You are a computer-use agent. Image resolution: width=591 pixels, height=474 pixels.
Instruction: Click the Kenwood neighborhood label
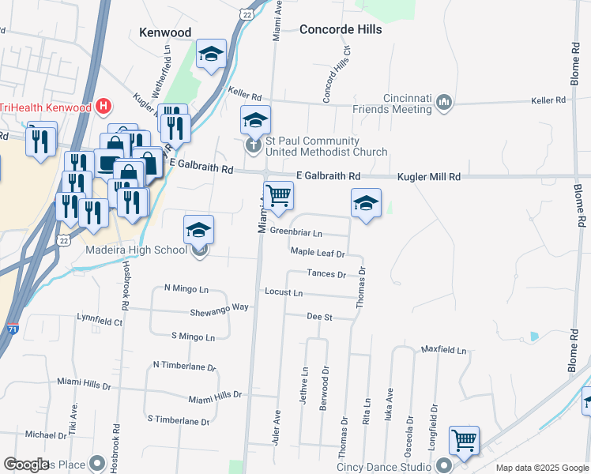pyautogui.click(x=164, y=32)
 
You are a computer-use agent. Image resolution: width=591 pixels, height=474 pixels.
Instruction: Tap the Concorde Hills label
pyautogui.click(x=341, y=29)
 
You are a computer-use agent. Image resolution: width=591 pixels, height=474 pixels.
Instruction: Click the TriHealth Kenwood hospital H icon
pyautogui.click(x=103, y=106)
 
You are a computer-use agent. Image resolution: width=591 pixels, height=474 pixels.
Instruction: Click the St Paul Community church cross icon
pyautogui.click(x=252, y=145)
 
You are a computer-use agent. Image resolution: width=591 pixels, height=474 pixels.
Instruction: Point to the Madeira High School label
pyautogui.click(x=136, y=250)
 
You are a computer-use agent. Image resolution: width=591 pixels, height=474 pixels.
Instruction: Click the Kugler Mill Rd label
pyautogui.click(x=428, y=177)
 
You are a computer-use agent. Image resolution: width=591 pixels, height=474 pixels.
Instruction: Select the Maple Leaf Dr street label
pyautogui.click(x=318, y=253)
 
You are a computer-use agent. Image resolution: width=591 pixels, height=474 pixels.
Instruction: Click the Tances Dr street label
pyautogui.click(x=326, y=274)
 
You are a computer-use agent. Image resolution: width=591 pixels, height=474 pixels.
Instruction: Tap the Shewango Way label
pyautogui.click(x=219, y=307)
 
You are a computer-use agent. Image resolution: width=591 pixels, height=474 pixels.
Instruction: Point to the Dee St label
pyautogui.click(x=319, y=317)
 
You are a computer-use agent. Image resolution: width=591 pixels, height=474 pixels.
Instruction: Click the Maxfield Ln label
pyautogui.click(x=443, y=348)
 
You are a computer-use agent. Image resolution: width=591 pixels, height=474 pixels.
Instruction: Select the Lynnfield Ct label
pyautogui.click(x=100, y=322)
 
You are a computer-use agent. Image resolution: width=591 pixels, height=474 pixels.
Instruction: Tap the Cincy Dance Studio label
pyautogui.click(x=392, y=465)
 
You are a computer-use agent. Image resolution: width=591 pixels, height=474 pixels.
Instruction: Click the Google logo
pyautogui.click(x=26, y=465)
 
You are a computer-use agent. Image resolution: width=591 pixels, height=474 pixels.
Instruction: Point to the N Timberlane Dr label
pyautogui.click(x=184, y=366)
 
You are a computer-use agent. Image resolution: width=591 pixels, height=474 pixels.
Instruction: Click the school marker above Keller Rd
pyautogui.click(x=211, y=54)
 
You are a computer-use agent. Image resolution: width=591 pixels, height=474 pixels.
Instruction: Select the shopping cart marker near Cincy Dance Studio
pyautogui.click(x=464, y=439)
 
